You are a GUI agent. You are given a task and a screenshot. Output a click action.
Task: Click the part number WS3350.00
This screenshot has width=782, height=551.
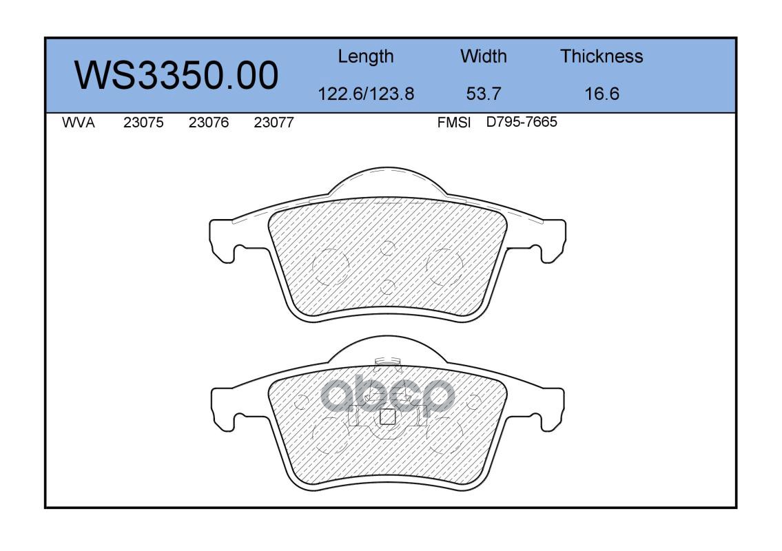tap(176, 75)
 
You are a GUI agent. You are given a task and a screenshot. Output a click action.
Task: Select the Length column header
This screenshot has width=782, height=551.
tap(366, 57)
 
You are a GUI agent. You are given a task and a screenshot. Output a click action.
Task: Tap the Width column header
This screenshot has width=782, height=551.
tap(483, 56)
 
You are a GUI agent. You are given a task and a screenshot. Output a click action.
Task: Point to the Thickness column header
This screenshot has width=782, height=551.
tap(601, 56)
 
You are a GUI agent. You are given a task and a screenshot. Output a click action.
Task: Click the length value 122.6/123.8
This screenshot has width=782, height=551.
tap(366, 94)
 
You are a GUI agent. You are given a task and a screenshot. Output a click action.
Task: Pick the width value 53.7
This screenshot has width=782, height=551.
tap(483, 94)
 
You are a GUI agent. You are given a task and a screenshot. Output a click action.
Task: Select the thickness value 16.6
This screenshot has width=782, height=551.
tap(601, 94)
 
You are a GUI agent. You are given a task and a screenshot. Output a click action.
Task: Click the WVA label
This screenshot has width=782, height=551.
tap(79, 123)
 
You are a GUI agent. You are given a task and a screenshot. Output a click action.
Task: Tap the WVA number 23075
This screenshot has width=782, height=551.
tap(143, 123)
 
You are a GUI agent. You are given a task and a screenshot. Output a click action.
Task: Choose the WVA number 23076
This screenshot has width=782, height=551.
tap(209, 123)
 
